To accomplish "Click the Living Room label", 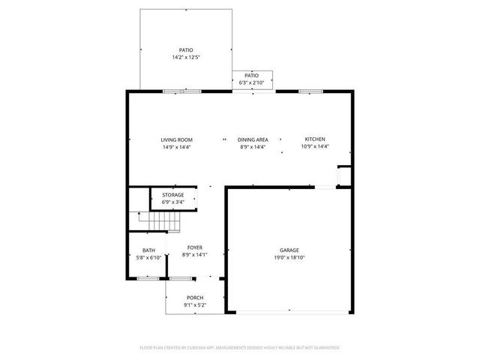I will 176,139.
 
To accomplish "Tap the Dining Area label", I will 253,139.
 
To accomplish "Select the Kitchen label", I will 314,139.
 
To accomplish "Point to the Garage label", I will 289,250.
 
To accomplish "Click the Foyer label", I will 194,247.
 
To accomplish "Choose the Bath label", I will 149,250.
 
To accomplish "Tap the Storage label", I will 172,195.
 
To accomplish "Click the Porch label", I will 194,298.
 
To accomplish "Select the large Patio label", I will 185,49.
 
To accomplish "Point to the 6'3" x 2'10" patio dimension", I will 251,82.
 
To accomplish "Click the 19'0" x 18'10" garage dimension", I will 289,257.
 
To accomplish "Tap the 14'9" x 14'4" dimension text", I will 176,147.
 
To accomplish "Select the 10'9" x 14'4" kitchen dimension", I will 314,147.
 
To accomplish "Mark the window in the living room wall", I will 172,91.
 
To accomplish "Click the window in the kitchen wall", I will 306,91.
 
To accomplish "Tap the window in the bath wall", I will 142,278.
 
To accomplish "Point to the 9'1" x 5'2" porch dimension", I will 194,305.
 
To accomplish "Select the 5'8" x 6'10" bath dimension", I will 149,257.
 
